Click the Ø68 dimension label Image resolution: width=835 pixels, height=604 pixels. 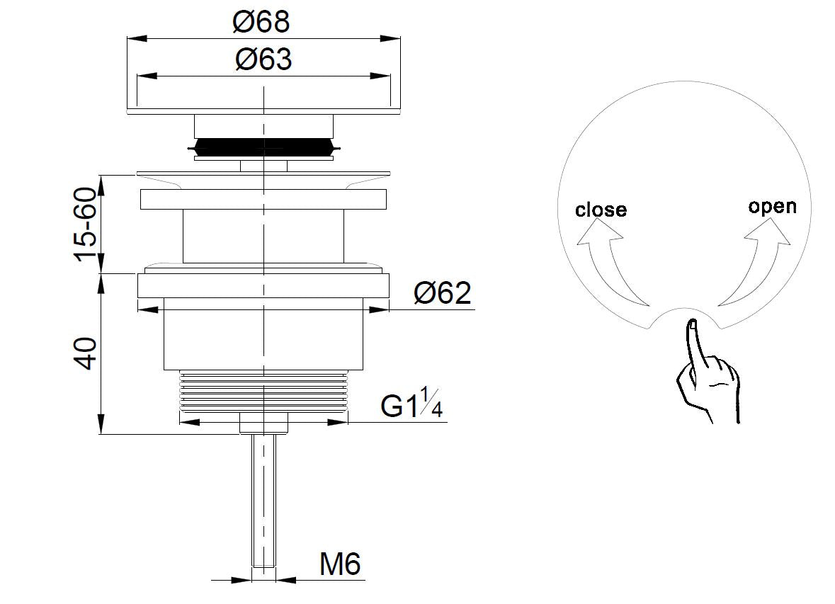point(261,22)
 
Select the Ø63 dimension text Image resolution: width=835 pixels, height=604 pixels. point(263,59)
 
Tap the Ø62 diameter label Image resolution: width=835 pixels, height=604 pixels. point(443,293)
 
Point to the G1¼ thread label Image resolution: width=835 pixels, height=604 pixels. point(411,403)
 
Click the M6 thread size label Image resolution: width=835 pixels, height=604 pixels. point(340,564)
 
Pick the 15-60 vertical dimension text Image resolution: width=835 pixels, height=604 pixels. point(85,224)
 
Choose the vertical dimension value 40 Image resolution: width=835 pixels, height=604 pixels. point(85,353)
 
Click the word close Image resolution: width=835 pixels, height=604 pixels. point(601,210)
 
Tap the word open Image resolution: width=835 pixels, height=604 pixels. point(772,206)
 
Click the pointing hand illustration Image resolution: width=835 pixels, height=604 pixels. point(708,371)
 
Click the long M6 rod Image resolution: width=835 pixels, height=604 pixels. point(263,500)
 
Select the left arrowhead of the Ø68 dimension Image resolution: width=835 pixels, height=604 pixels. point(137,38)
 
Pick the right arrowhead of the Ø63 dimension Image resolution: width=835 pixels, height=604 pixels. point(380,76)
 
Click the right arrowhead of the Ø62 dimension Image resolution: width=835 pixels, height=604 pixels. point(379,309)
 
